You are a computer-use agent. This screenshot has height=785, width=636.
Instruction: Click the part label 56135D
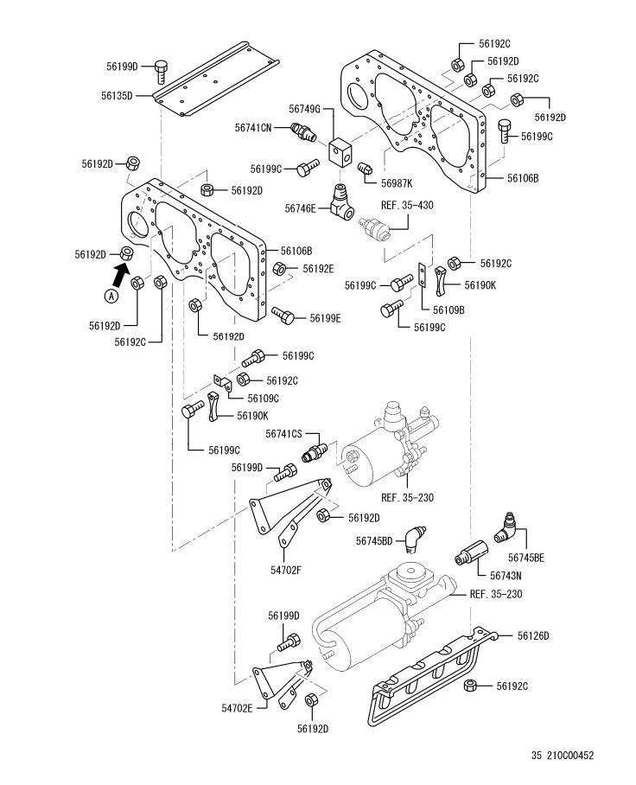(117, 96)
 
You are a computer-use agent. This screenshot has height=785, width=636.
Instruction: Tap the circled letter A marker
(111, 296)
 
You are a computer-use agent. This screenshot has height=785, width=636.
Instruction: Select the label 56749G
(304, 109)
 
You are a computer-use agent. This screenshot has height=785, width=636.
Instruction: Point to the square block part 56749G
(340, 151)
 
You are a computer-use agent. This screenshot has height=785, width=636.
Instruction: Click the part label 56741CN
(253, 128)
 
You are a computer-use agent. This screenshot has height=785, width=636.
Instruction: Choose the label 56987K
(397, 183)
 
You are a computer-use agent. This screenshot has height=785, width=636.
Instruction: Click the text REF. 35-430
(407, 205)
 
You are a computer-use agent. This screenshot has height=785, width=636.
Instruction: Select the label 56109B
(448, 310)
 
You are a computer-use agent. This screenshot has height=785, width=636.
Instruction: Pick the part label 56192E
(318, 269)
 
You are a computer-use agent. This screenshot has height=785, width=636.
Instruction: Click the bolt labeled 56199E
(283, 315)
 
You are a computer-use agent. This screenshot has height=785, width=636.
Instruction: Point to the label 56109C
(264, 399)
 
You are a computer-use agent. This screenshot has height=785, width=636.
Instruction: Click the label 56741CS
(283, 433)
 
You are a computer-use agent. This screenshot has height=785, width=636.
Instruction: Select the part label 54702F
(286, 570)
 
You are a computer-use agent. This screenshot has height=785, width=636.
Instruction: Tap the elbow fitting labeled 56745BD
(415, 539)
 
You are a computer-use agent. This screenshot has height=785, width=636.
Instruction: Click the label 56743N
(506, 577)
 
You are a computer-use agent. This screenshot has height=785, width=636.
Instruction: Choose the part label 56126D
(533, 635)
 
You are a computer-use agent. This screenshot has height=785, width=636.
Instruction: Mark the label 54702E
(237, 708)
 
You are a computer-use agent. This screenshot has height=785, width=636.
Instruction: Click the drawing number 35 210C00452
(563, 756)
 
